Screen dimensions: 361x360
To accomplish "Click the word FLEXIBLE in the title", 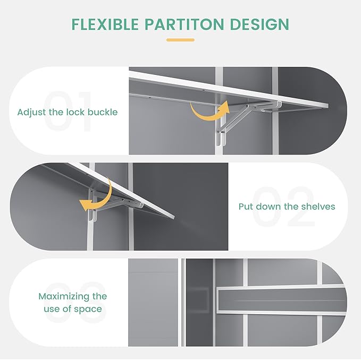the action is tap(105, 24).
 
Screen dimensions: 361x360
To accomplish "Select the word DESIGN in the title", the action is tap(259, 24).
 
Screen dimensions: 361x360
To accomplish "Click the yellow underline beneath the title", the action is tap(181, 40).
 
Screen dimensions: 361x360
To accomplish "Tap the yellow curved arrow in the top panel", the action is tap(209, 111).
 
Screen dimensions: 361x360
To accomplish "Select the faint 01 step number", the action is tap(68, 111).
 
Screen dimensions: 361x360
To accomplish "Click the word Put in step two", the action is tap(246, 207).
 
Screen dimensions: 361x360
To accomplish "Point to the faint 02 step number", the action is tap(283, 207).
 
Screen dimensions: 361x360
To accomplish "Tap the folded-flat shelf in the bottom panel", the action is tap(281, 299).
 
